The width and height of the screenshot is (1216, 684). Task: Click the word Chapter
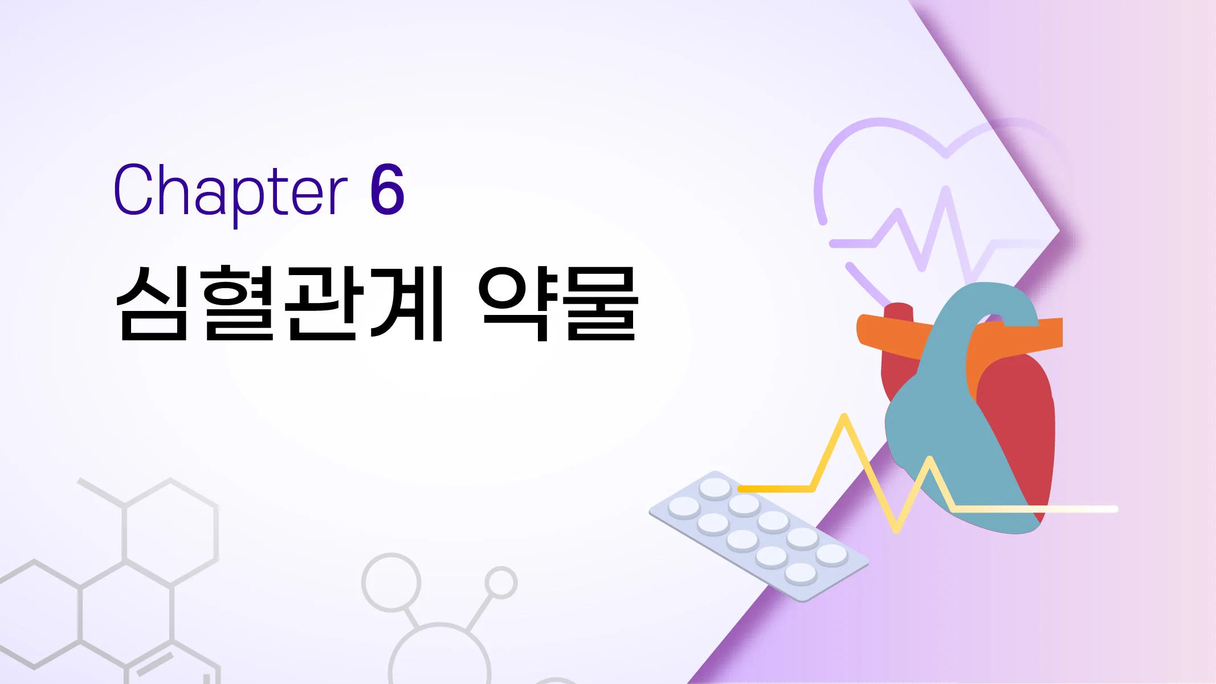[x=230, y=191]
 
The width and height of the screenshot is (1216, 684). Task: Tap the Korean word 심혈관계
[x=279, y=303]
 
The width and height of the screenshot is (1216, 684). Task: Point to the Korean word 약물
[x=558, y=303]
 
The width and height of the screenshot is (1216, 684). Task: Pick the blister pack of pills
[x=758, y=535]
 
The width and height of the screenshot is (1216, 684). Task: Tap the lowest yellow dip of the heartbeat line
[x=896, y=530]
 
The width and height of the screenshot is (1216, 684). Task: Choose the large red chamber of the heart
[x=1020, y=421]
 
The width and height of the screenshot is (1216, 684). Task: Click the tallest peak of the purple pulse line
[x=946, y=191]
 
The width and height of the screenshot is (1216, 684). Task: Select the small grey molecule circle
[x=501, y=583]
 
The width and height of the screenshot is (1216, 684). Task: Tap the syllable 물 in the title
[x=601, y=303]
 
